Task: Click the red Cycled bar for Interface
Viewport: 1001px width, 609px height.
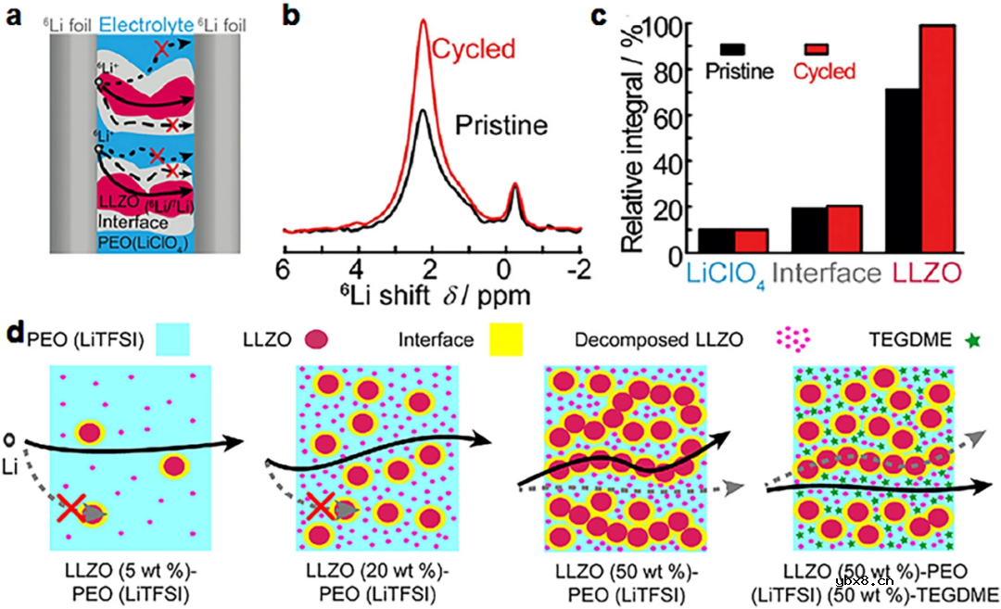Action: pos(845,228)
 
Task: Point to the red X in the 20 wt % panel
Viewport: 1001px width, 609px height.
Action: pos(321,506)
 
